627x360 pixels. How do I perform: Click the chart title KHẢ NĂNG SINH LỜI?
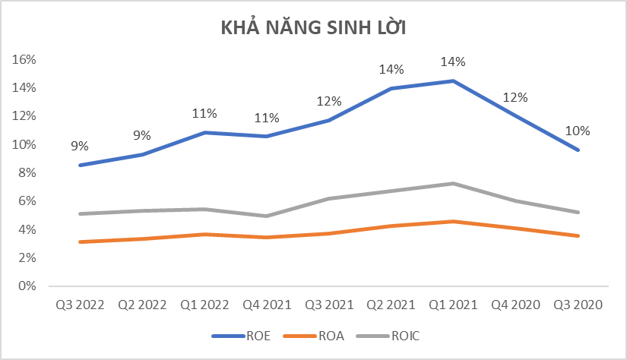(x=314, y=28)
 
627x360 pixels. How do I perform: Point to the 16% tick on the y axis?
(x=27, y=59)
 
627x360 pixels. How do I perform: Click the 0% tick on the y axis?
(x=30, y=286)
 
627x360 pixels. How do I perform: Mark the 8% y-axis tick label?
(x=30, y=173)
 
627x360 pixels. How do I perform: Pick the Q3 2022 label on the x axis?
(x=80, y=305)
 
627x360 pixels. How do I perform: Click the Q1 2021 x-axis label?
(x=452, y=305)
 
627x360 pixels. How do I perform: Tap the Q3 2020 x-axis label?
(x=577, y=305)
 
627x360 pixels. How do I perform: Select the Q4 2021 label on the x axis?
(x=266, y=305)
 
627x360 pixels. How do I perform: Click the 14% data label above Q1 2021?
(x=453, y=62)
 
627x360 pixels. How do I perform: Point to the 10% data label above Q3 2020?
(x=577, y=131)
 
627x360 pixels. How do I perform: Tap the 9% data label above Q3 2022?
(x=80, y=146)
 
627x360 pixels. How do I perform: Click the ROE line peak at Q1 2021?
(x=453, y=81)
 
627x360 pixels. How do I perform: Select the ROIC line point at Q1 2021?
(x=453, y=183)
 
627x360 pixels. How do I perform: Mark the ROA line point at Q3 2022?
(x=81, y=242)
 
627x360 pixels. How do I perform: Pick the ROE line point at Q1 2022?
(x=204, y=132)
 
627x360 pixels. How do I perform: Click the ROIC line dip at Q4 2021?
(x=267, y=216)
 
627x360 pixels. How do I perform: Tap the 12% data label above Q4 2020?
(x=515, y=97)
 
